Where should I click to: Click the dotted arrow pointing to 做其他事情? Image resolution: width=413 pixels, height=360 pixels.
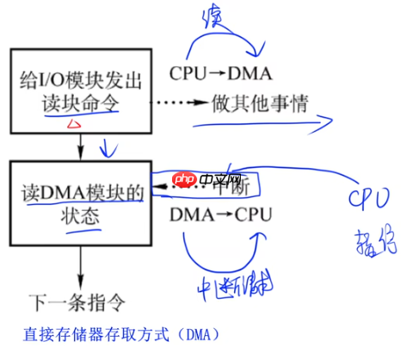point(176,102)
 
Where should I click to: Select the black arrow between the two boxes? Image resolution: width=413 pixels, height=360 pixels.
point(80,147)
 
